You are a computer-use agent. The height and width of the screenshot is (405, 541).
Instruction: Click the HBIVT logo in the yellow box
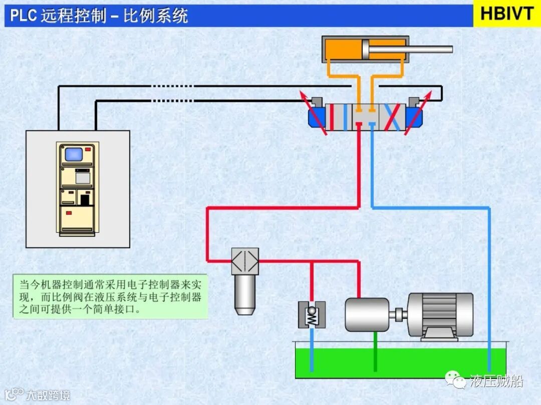pos(506,14)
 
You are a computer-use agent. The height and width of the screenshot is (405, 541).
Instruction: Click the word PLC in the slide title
pos(24,16)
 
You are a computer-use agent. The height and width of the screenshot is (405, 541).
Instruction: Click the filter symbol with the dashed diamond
pos(245,261)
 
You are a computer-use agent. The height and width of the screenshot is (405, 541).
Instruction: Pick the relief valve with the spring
pos(312,315)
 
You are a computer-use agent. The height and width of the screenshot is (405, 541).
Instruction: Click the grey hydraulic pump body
pos(367,314)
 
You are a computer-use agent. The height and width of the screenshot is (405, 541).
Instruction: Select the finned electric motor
pos(440,314)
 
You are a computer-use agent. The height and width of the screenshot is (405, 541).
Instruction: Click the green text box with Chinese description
pos(110,296)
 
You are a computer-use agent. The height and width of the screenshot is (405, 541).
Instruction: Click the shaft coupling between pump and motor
pos(399,315)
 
